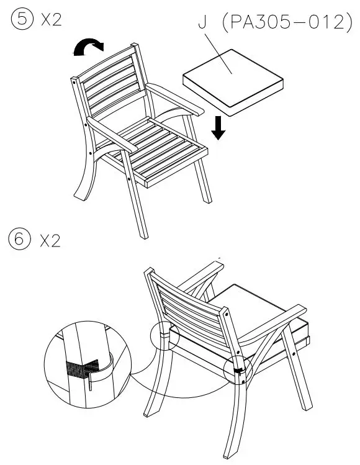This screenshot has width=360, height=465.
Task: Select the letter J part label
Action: pyautogui.click(x=202, y=23)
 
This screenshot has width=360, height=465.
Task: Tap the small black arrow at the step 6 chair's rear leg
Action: pyautogui.click(x=238, y=371)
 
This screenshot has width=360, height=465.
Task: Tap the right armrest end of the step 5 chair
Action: pyautogui.click(x=197, y=111)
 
